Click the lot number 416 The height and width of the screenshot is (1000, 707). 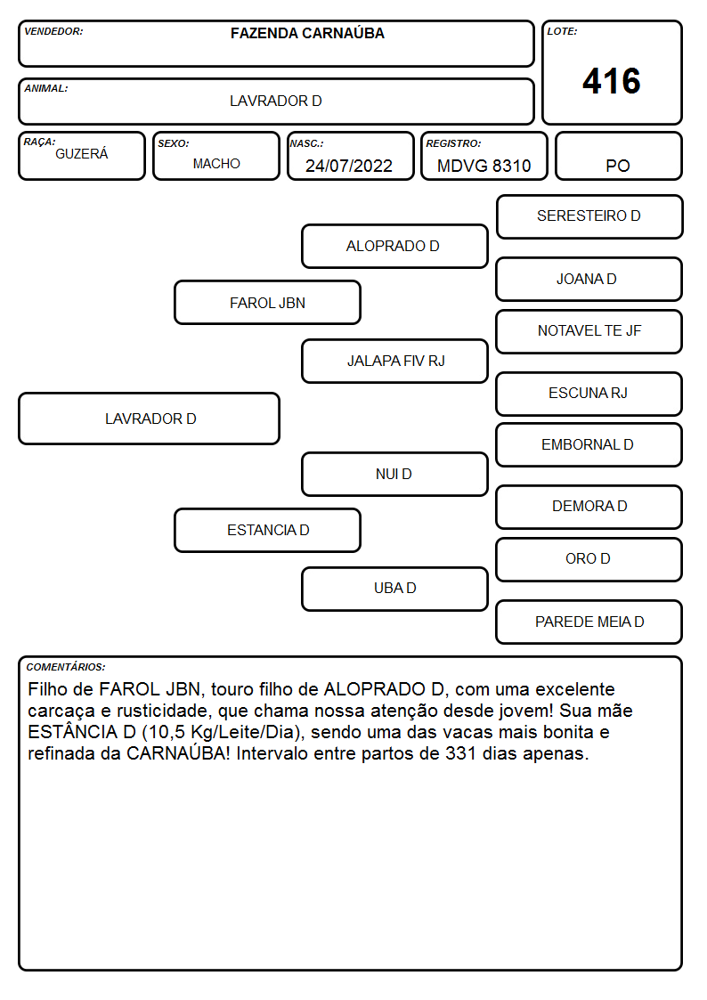click(612, 81)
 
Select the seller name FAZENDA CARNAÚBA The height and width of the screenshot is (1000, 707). click(307, 33)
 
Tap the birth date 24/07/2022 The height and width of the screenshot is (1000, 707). click(349, 166)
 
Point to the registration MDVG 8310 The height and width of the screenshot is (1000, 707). click(484, 166)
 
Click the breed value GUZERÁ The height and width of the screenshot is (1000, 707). click(82, 154)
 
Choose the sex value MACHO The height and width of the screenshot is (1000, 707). click(216, 164)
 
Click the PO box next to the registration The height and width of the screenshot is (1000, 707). click(618, 156)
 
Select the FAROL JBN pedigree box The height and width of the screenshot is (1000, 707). click(268, 302)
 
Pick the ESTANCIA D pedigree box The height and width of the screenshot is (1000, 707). click(268, 530)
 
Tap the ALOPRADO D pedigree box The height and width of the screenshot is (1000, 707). click(394, 246)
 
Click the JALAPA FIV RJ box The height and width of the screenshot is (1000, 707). click(394, 361)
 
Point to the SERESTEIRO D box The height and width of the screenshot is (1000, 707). click(589, 217)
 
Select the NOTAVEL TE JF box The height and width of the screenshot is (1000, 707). click(589, 331)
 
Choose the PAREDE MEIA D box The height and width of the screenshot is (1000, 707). click(589, 622)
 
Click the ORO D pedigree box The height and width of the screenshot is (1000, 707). click(589, 559)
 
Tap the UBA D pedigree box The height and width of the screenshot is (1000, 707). click(394, 589)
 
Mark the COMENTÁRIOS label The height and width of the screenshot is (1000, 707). click(66, 667)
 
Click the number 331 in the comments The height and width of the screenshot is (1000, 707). click(461, 754)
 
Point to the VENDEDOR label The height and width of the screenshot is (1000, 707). click(53, 31)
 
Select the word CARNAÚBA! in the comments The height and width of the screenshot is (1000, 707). click(178, 753)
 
